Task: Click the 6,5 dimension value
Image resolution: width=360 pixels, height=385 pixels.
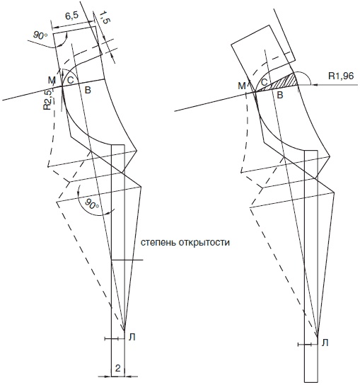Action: [x=72, y=16]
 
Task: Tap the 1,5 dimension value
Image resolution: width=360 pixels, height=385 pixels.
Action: [x=104, y=18]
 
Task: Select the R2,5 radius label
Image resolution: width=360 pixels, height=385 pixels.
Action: [x=47, y=100]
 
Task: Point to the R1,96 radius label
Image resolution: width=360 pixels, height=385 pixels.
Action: [x=341, y=76]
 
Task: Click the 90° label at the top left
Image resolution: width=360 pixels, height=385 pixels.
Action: [x=40, y=36]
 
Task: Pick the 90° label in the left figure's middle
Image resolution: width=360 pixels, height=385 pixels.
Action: [x=91, y=204]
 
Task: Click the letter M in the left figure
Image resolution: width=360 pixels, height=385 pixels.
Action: [x=52, y=80]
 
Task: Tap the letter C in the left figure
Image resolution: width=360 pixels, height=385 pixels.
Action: [x=71, y=80]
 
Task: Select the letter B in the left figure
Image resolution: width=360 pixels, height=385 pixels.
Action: [x=88, y=90]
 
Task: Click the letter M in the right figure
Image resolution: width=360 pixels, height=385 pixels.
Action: [x=242, y=86]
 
